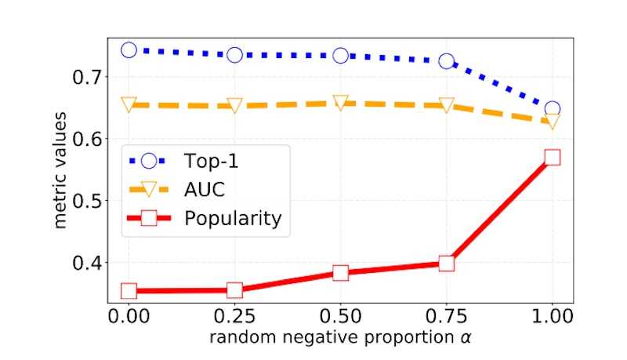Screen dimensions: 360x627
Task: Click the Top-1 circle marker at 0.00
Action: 129,50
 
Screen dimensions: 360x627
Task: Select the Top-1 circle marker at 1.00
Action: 552,109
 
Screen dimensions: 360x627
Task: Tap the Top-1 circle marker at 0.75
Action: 446,61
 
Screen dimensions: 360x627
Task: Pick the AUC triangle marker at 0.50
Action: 340,103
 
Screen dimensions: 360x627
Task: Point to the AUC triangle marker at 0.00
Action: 129,104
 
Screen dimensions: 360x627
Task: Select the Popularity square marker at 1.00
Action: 552,157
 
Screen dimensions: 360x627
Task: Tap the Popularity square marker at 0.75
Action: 446,264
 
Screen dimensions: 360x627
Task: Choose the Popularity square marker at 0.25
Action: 234,290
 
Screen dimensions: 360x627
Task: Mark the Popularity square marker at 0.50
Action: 340,273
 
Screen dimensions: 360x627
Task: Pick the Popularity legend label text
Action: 232,218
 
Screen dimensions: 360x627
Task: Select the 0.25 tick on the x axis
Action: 234,317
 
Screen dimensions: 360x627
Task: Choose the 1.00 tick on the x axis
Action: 552,317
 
